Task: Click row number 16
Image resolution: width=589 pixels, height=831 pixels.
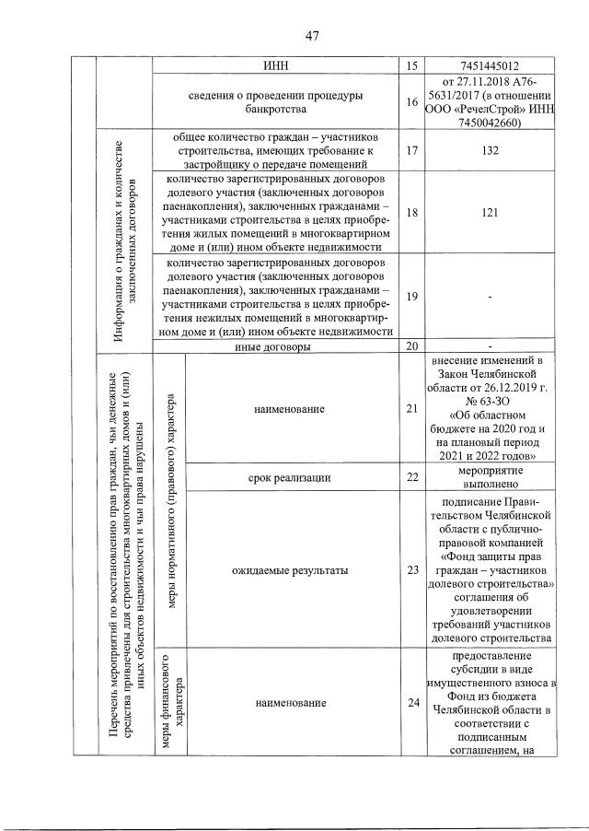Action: click(x=411, y=103)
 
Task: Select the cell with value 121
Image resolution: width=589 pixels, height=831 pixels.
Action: click(x=490, y=212)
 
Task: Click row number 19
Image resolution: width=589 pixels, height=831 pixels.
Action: click(x=411, y=296)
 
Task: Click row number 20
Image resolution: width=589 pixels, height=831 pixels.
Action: click(x=411, y=346)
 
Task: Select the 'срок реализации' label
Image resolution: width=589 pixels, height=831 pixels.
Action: click(x=290, y=477)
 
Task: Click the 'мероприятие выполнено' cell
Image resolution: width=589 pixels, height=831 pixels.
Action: click(x=490, y=477)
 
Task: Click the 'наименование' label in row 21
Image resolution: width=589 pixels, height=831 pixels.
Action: click(x=290, y=408)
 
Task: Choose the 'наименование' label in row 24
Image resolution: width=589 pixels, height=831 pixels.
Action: click(x=290, y=704)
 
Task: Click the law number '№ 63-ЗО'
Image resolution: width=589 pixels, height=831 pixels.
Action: click(x=490, y=402)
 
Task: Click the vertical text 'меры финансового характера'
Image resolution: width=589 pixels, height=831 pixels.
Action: click(x=170, y=704)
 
